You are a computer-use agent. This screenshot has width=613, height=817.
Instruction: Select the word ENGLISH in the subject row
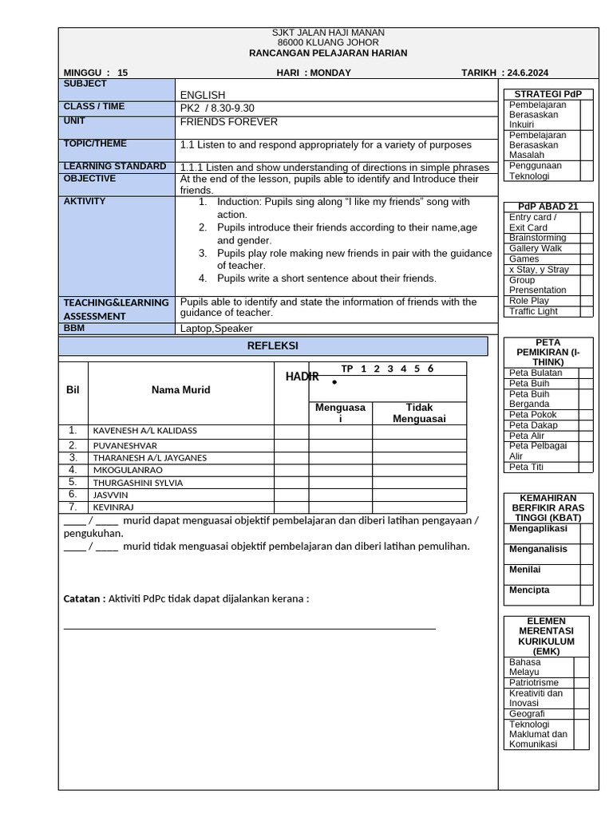[203, 95]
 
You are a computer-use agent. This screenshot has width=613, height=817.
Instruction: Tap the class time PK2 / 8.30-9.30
[218, 108]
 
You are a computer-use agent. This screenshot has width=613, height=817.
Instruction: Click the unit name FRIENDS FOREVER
[229, 122]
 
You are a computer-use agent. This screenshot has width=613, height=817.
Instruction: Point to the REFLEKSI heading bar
[273, 345]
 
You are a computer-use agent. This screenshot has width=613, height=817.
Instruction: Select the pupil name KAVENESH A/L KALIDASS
[144, 431]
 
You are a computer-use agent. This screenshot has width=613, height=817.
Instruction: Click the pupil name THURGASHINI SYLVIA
[138, 483]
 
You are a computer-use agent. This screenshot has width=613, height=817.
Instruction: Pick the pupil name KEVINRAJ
[113, 507]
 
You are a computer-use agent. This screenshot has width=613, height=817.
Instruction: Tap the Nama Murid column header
[181, 390]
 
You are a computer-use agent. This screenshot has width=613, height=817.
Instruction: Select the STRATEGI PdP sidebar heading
[548, 94]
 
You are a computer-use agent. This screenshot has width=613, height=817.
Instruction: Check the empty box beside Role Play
[587, 301]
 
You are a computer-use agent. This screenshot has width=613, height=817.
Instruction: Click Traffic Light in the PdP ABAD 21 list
[533, 311]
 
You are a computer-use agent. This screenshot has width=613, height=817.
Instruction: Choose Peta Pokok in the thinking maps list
[532, 415]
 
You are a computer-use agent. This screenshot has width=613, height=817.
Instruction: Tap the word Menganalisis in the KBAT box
[538, 549]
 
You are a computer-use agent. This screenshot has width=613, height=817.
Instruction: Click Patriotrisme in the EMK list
[533, 683]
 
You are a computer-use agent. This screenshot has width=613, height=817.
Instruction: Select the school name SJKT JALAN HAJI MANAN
[328, 33]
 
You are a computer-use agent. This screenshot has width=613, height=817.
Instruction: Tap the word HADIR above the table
[302, 377]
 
